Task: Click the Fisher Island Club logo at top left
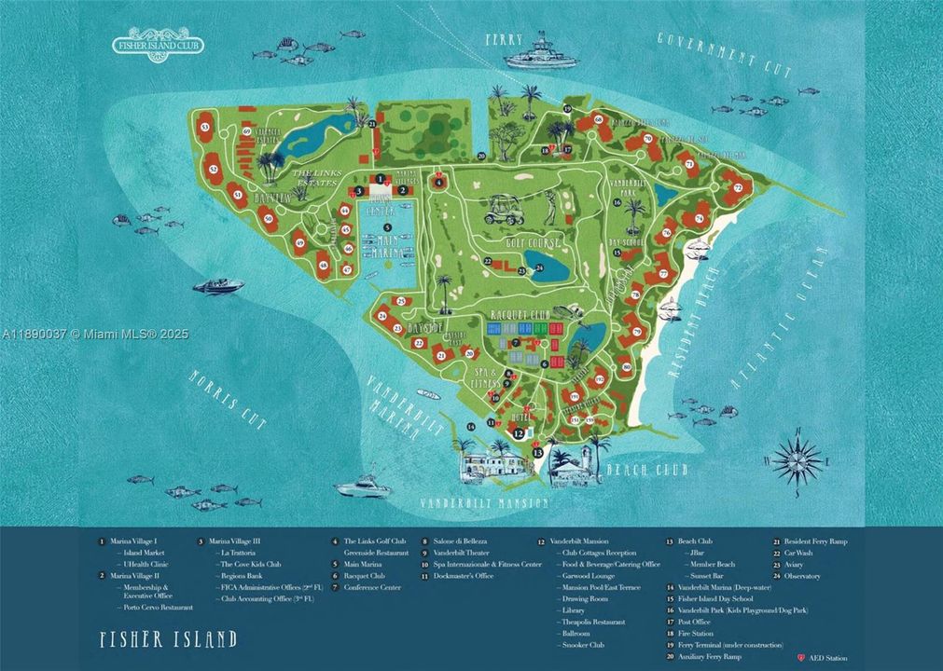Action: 158,42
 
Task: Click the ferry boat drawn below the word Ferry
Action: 541,52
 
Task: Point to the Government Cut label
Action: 724,53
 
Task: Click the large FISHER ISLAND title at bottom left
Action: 168,640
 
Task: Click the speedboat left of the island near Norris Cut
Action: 218,286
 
